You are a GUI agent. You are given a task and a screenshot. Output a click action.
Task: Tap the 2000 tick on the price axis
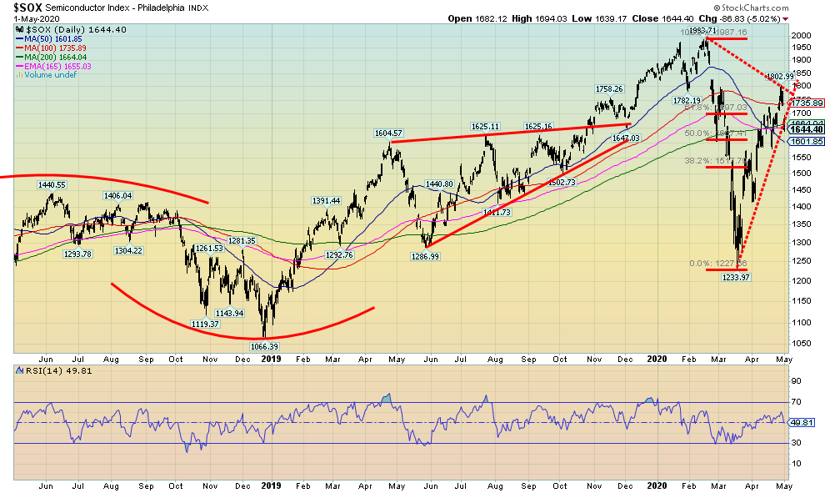pos(802,36)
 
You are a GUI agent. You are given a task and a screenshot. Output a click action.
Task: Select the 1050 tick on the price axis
pos(802,343)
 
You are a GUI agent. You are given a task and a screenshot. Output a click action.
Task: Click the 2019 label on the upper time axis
pos(272,358)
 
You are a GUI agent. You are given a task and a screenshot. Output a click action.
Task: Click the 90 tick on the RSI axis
pos(796,380)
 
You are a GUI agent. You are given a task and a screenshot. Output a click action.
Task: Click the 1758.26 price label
pos(608,88)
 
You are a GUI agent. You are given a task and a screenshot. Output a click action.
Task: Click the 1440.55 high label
pos(51,184)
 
